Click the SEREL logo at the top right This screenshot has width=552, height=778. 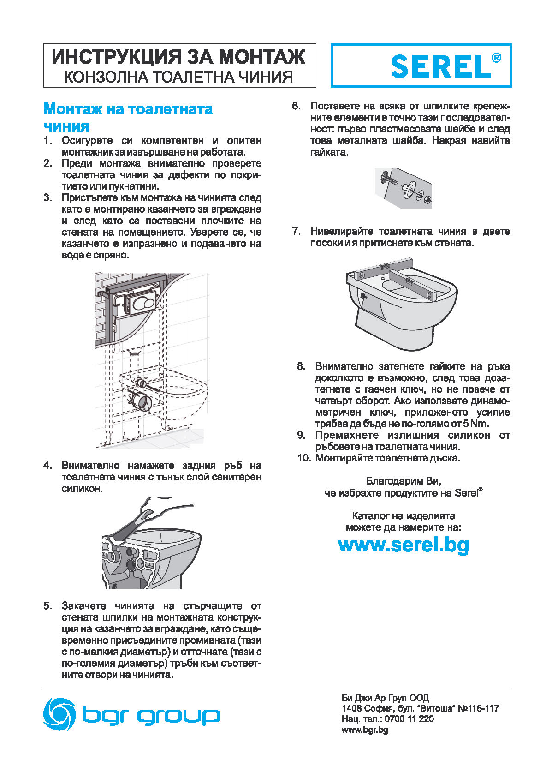[441, 66]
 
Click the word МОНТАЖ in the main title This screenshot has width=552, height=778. [261, 57]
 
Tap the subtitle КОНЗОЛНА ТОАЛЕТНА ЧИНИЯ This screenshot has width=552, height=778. [178, 77]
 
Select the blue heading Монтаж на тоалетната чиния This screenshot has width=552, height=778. [128, 117]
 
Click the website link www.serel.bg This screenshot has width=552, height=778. [404, 545]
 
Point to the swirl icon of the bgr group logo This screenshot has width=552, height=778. [59, 714]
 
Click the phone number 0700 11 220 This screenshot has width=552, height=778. [410, 719]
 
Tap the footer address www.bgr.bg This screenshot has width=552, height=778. [364, 730]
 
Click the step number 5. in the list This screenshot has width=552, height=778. [48, 606]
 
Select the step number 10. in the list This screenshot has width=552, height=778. [304, 458]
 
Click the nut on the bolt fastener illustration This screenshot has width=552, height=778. [428, 199]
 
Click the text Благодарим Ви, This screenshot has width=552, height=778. [404, 481]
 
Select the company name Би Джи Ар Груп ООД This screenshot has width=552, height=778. [385, 698]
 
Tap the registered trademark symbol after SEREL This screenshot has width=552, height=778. [496, 58]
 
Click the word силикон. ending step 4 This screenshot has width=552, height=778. [82, 488]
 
